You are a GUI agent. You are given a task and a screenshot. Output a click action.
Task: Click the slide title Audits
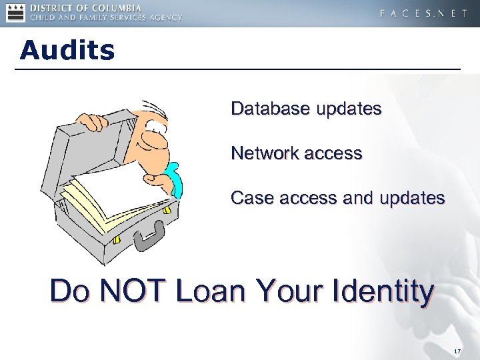[x=67, y=50]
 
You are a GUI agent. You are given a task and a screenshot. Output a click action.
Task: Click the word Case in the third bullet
[x=247, y=198]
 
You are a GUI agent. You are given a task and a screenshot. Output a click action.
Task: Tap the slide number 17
[x=457, y=351]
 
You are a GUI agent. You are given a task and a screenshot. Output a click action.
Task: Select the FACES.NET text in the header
[x=423, y=13]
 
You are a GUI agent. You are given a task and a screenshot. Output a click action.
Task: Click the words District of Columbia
[x=106, y=7]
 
